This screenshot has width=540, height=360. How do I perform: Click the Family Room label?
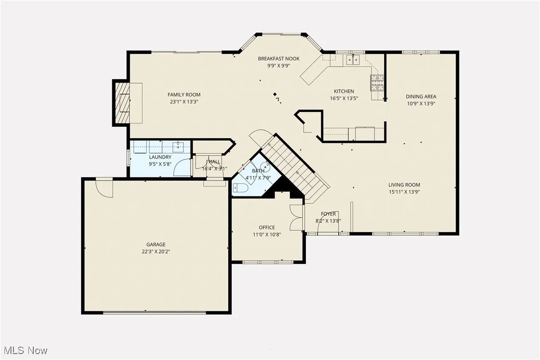tap(184, 94)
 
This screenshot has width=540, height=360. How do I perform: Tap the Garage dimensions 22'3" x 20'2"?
tap(156, 252)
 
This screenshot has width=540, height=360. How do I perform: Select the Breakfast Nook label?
tap(278, 59)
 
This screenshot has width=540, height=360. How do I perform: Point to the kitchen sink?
tap(353, 60)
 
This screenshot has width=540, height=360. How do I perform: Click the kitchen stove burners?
tap(377, 82)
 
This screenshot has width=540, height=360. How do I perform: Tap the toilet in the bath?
tap(241, 188)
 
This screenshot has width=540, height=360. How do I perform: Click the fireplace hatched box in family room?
tap(122, 103)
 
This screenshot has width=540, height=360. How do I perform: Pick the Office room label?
tap(267, 228)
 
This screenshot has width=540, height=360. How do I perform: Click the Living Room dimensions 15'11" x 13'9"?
tap(404, 192)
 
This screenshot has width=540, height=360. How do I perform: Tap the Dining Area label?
tap(421, 97)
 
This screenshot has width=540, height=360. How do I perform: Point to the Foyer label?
tap(328, 214)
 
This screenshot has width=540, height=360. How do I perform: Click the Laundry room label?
tap(160, 157)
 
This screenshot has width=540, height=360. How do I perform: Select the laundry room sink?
tap(179, 147)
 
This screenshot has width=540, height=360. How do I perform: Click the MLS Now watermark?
tap(24, 351)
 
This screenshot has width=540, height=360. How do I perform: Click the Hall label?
tap(214, 162)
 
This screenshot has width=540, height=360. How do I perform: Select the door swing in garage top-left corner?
tap(105, 186)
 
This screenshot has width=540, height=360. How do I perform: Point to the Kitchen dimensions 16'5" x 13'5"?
tap(344, 98)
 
